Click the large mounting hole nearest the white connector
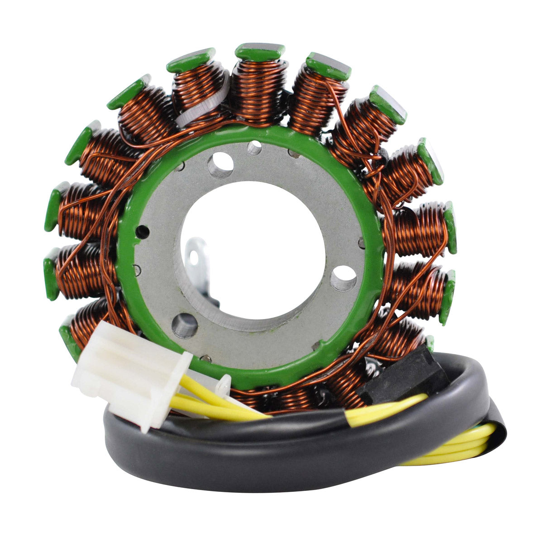(x=185, y=325)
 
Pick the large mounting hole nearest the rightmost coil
(x=343, y=278)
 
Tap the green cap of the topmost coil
(x=260, y=52)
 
